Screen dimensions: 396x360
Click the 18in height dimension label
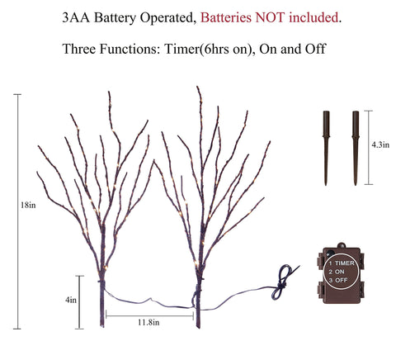tap(28, 205)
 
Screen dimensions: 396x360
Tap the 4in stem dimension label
tap(71, 300)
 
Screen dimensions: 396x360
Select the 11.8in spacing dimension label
tap(148, 322)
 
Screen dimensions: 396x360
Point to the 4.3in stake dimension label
tap(380, 144)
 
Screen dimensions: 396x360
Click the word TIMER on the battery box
tap(345, 263)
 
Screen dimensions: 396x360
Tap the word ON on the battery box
tap(340, 272)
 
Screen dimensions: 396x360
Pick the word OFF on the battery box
tap(342, 280)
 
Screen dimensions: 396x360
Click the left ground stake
tap(326, 148)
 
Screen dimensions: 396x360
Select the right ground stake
tap(356, 148)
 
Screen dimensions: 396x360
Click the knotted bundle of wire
tap(281, 282)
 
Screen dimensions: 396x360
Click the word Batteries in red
tap(226, 17)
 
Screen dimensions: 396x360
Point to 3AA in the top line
tap(76, 17)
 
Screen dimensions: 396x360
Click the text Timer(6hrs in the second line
tap(197, 50)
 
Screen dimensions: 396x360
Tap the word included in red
tap(313, 17)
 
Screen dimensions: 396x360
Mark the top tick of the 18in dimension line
tap(17, 94)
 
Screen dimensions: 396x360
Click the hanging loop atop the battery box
tap(342, 244)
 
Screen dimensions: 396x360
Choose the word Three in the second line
tap(79, 49)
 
